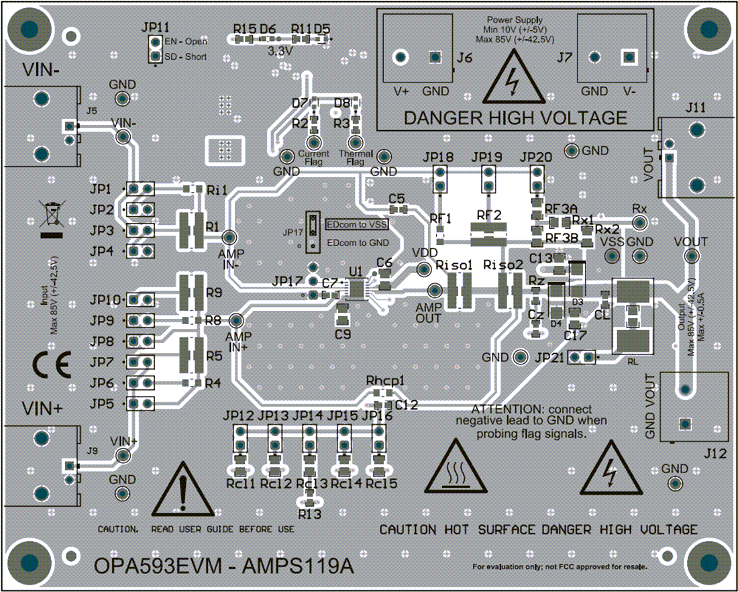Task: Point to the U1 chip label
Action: click(355, 271)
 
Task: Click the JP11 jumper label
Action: click(156, 26)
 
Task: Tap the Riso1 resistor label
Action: click(454, 265)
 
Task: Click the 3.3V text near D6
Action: click(279, 50)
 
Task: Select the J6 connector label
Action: click(464, 59)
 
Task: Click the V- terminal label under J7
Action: click(631, 91)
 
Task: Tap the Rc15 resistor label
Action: click(382, 483)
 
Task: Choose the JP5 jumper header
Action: click(140, 403)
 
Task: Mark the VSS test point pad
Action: click(612, 256)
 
